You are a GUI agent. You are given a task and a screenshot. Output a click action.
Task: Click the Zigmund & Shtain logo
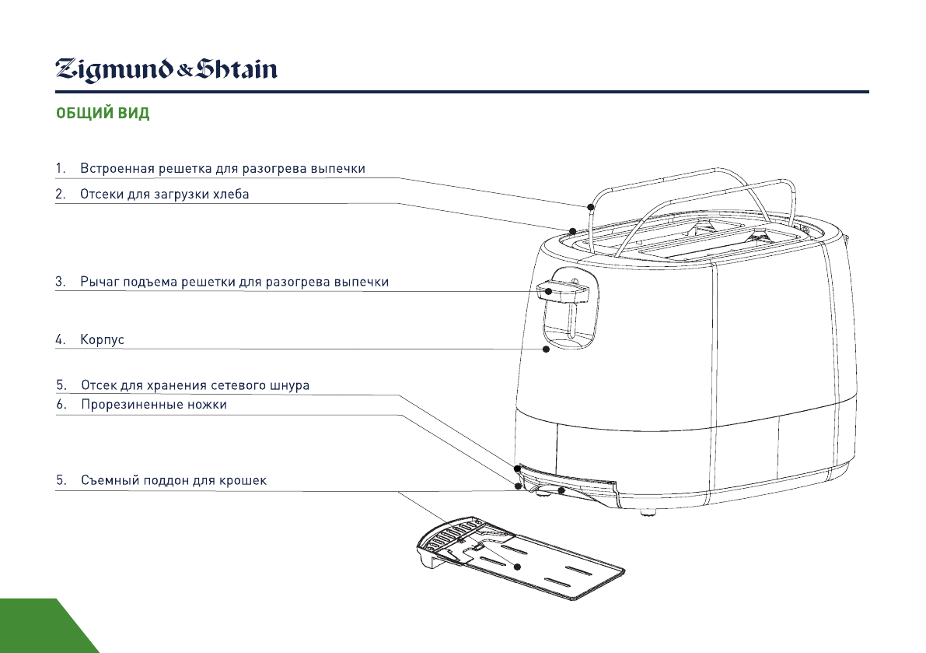coord(166,70)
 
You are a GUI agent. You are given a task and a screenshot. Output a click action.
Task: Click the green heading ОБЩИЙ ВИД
coord(103,113)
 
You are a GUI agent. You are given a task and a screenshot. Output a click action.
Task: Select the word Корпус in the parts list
coord(102,340)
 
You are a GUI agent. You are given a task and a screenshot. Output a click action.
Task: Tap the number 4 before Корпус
coord(60,340)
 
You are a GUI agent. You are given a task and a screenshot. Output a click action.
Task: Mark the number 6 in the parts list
coord(61,405)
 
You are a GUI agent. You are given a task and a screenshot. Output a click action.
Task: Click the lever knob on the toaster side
coord(564,291)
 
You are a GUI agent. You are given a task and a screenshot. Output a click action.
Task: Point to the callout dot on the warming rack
coord(591,207)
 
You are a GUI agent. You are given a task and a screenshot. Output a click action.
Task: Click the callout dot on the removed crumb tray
coord(517,567)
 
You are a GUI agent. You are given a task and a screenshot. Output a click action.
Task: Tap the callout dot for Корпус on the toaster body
coord(547,349)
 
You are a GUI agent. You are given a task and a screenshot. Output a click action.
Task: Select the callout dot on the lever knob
coord(549,291)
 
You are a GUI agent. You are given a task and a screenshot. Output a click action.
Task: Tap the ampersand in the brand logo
coord(185,72)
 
